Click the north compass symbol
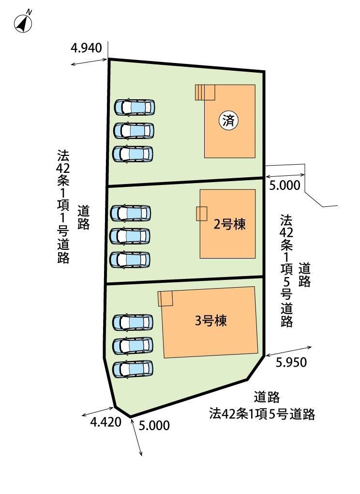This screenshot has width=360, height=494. pos(23,23)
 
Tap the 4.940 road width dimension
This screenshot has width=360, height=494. pos(86,48)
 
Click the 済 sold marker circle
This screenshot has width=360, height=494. pos(228,120)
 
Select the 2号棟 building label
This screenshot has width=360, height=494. pos(229,224)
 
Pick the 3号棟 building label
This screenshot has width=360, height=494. pos(210,321)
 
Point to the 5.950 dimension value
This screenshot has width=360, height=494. pos(291,362)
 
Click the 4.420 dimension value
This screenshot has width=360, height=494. pos(106,422)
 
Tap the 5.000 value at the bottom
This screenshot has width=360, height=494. pos(154,425)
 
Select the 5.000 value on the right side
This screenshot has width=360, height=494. pos(285,185)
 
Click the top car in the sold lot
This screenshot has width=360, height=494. pos(135,107)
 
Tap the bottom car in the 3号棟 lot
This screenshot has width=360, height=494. pos(133,369)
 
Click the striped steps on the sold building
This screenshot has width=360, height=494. pos(205,93)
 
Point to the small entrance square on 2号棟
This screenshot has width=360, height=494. pos(202,214)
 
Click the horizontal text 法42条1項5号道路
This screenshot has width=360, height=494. pos(262,414)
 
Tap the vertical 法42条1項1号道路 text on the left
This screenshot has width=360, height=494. pos(63,206)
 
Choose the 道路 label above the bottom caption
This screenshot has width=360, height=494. pos(267,397)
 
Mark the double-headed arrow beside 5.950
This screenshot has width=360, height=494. pos(289,352)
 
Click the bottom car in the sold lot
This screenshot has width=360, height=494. pos(133,154)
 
